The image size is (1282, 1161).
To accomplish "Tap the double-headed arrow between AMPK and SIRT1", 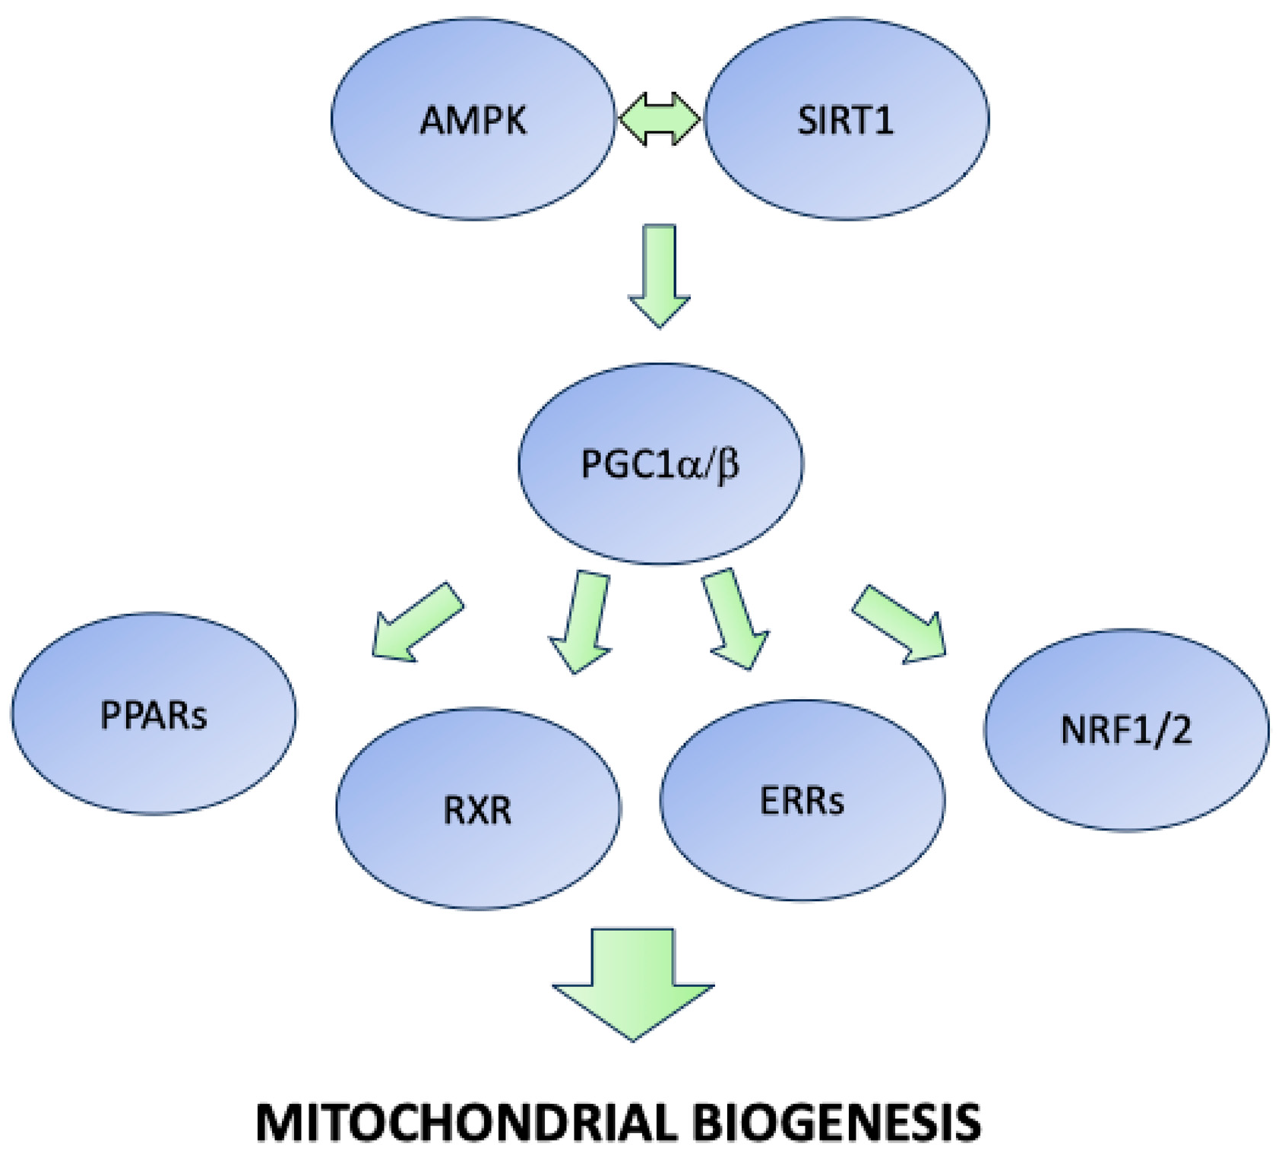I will coord(659,119).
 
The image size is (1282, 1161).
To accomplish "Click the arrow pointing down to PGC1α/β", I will coord(659,274).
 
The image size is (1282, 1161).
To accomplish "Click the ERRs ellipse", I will coord(802,843).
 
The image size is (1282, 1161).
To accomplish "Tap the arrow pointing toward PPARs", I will coord(414,623).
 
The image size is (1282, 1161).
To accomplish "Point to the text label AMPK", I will coord(473,120).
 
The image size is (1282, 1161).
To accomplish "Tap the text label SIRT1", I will coord(845,120).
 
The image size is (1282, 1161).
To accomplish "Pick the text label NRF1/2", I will coord(1125,730).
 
